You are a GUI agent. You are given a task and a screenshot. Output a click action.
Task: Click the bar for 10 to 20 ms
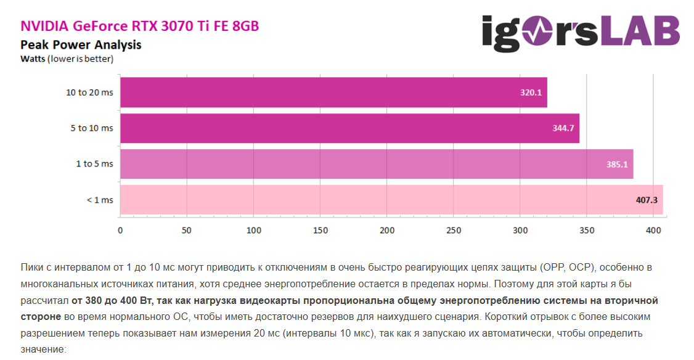(x=333, y=92)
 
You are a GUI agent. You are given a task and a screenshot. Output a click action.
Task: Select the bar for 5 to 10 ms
(x=349, y=128)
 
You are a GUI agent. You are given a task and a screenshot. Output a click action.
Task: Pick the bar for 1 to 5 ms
(x=376, y=164)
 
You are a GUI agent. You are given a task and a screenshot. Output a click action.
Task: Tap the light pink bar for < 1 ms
(x=391, y=200)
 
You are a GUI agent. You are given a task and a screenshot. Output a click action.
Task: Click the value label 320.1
(x=530, y=92)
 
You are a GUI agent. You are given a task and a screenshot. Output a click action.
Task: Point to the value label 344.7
(x=563, y=128)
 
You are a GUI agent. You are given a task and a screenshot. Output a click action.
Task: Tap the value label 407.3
(x=647, y=200)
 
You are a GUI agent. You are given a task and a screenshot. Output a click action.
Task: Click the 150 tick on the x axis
(x=320, y=231)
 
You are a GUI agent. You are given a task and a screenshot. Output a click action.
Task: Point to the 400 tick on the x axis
(x=653, y=231)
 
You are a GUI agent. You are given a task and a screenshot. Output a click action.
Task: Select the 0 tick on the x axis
(x=120, y=231)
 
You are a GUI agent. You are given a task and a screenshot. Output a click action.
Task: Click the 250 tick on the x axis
(x=454, y=231)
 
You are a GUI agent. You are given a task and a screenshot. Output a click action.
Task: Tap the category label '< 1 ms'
(x=100, y=200)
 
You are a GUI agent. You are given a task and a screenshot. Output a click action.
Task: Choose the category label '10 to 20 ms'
(x=89, y=92)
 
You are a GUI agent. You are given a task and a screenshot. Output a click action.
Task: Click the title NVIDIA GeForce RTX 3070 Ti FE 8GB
(x=140, y=26)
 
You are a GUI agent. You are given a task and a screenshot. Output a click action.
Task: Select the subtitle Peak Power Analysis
(x=81, y=44)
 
